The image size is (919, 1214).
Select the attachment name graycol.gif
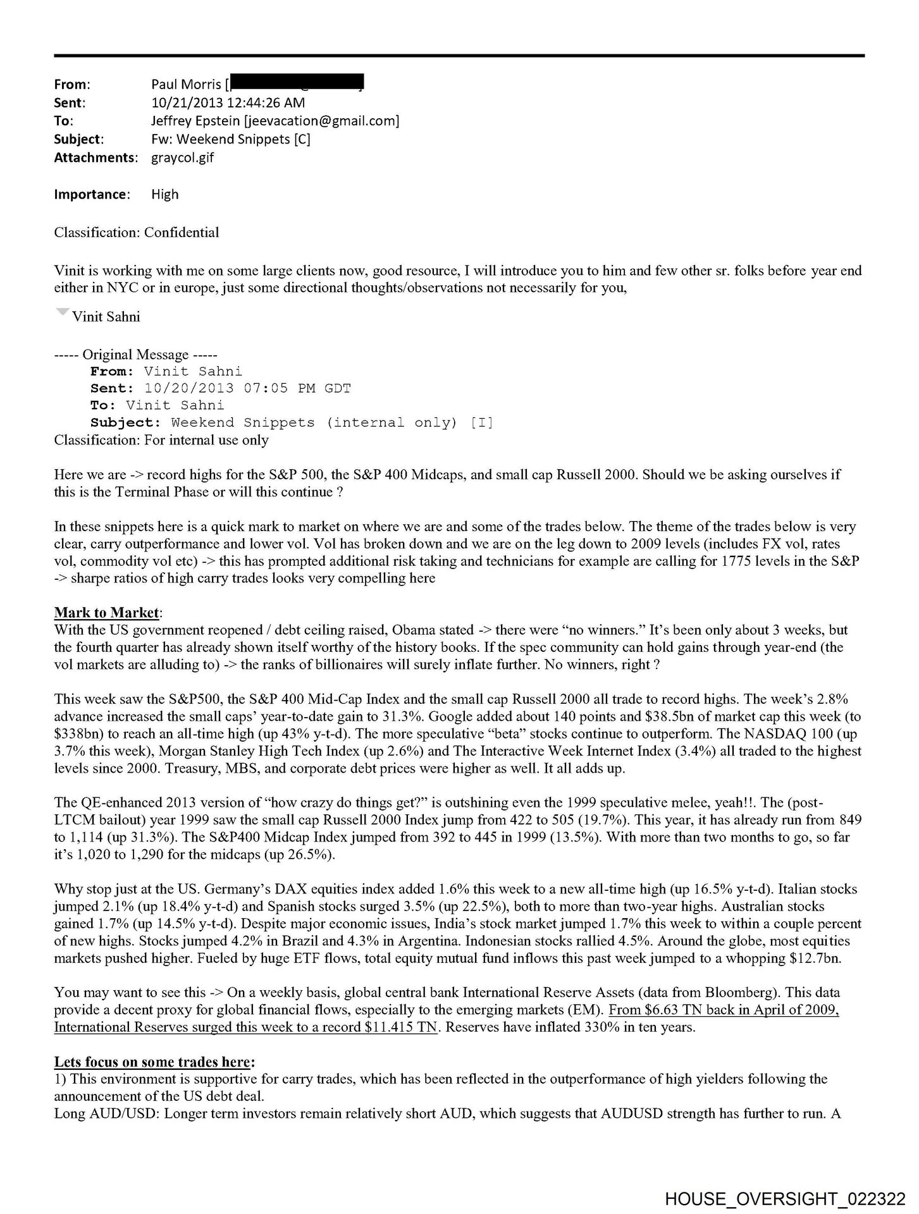[182, 157]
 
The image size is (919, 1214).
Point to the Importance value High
[164, 194]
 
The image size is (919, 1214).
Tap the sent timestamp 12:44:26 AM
[271, 102]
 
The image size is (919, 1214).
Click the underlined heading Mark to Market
[106, 612]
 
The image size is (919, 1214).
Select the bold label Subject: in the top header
[79, 139]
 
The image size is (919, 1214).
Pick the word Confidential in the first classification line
[182, 232]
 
